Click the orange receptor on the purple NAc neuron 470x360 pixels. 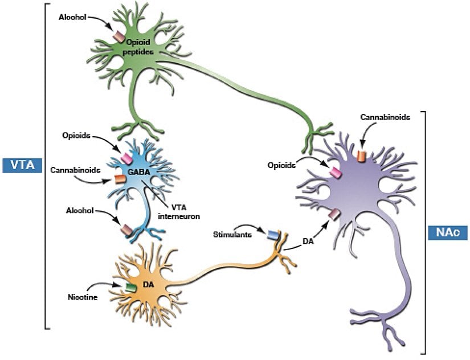[361, 156]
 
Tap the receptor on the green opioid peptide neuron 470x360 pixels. [118, 36]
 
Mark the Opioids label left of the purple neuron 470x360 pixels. [283, 165]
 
